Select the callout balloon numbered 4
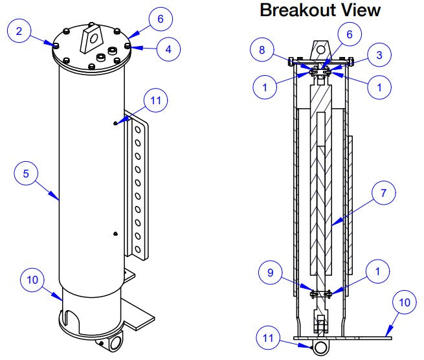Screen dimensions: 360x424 [167, 48]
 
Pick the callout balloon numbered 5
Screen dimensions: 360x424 [27, 174]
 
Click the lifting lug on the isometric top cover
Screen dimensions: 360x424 [91, 38]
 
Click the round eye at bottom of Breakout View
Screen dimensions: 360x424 [319, 346]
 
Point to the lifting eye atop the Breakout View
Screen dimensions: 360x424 [319, 49]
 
